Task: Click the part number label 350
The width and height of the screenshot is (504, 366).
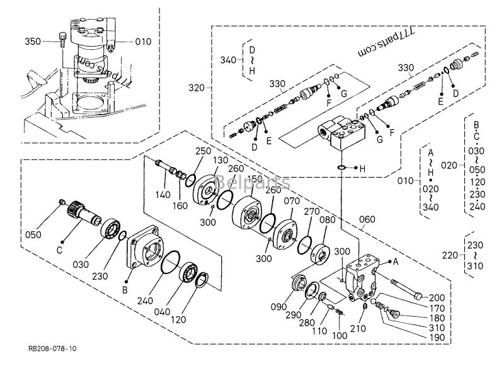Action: tap(33, 42)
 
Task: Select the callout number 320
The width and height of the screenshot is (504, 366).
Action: tap(197, 88)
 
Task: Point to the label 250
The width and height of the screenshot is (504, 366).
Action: tap(203, 152)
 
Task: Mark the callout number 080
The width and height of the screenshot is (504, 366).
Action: tap(327, 220)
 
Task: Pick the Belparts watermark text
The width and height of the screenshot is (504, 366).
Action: tap(252, 183)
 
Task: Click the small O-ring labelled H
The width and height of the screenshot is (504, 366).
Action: tap(341, 168)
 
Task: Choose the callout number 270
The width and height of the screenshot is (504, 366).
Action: tap(311, 212)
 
